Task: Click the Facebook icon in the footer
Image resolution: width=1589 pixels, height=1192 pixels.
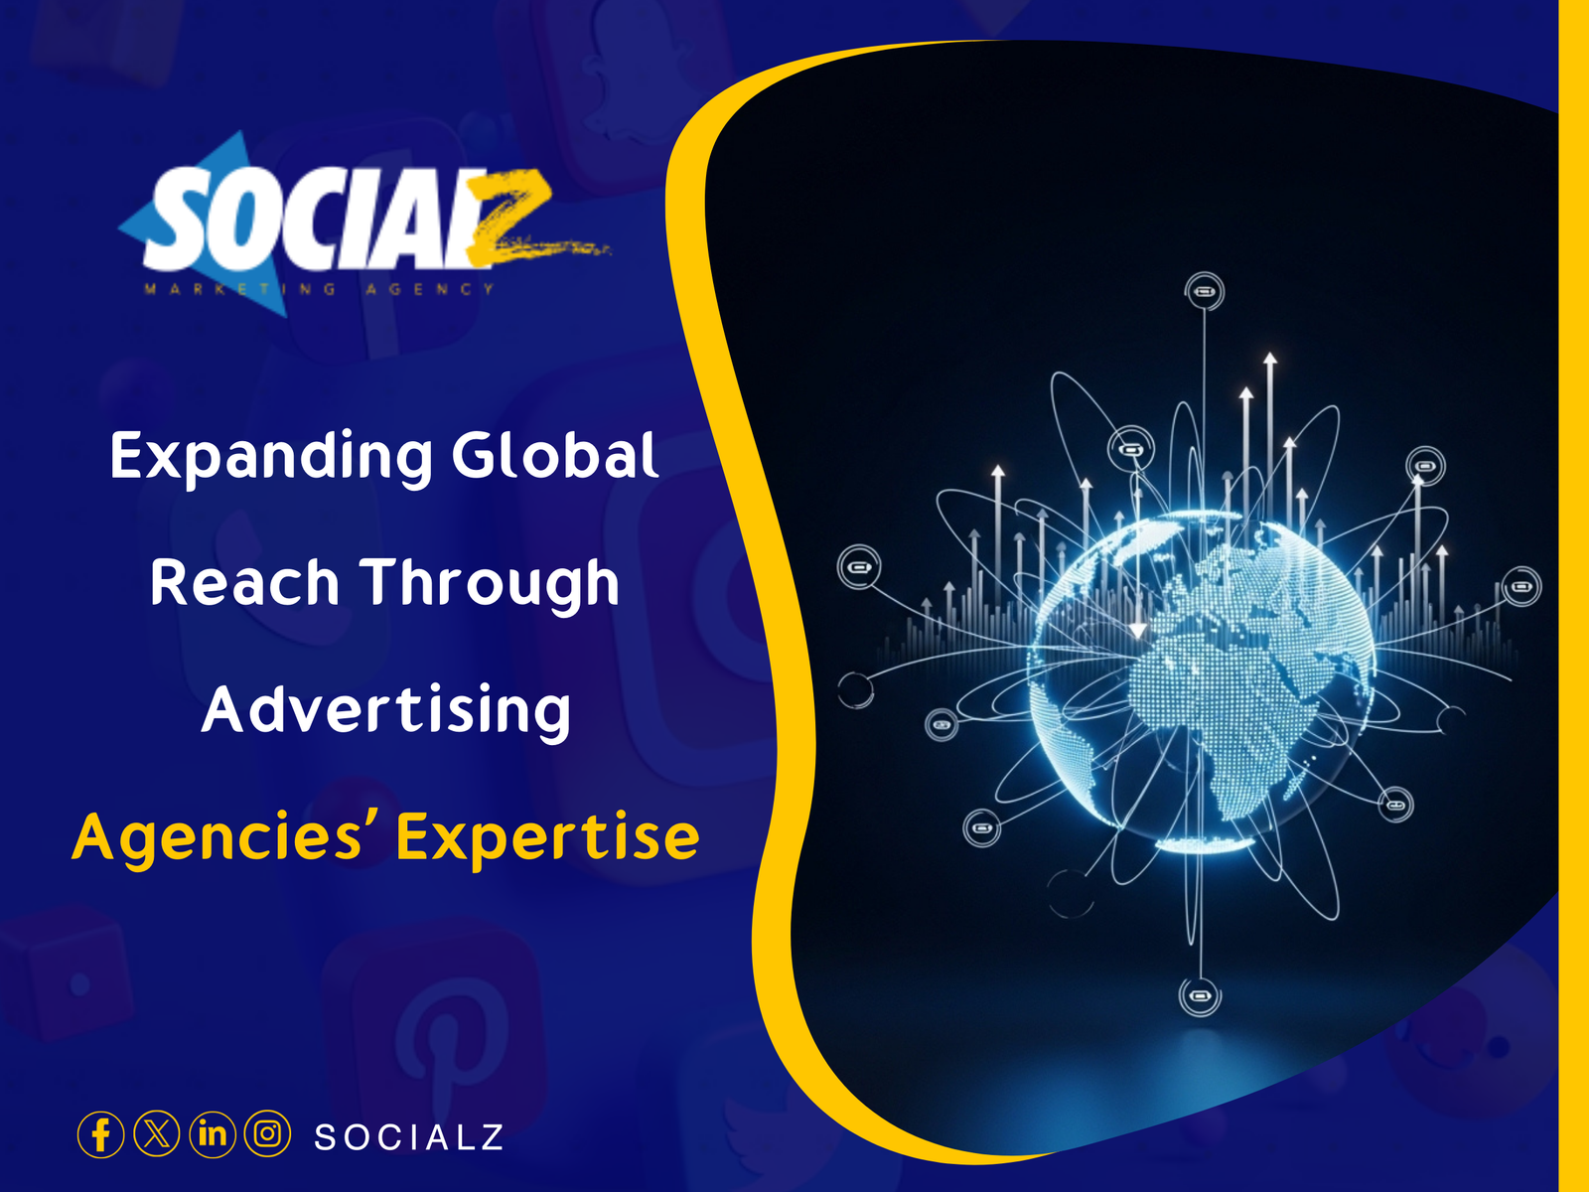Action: click(x=100, y=1134)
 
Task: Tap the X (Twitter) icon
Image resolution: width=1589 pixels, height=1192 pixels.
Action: click(x=156, y=1134)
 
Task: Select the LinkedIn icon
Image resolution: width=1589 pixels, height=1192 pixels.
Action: click(x=212, y=1134)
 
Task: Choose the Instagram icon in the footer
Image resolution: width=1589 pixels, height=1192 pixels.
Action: click(x=267, y=1134)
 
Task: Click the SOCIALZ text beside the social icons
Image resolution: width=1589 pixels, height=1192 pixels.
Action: click(x=409, y=1137)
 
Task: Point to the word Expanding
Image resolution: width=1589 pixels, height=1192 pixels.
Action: click(x=271, y=457)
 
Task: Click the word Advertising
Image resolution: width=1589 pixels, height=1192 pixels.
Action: click(x=386, y=710)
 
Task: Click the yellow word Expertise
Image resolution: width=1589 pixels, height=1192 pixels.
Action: click(x=547, y=837)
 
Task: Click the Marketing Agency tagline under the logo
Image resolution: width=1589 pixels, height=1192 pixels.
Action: click(x=320, y=289)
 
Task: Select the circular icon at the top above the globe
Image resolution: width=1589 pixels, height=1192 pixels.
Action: click(x=1205, y=292)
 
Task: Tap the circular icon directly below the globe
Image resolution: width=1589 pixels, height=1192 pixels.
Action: click(x=1200, y=995)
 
